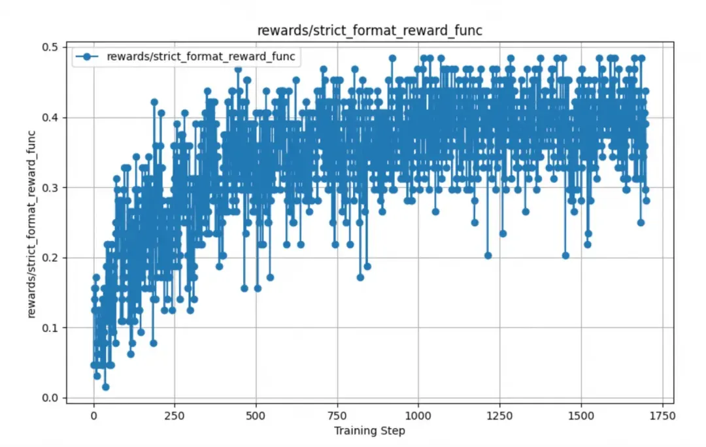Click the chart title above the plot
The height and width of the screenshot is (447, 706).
click(370, 30)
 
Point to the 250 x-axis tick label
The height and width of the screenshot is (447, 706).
click(175, 415)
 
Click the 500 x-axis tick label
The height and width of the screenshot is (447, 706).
click(256, 415)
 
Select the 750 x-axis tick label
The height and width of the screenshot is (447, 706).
click(337, 415)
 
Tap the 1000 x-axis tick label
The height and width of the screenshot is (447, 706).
click(418, 415)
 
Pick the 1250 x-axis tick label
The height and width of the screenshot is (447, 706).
click(499, 415)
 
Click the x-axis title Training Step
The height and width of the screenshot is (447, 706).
click(369, 431)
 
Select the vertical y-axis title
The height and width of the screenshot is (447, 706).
click(33, 222)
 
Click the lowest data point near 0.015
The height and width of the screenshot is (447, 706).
click(105, 387)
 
